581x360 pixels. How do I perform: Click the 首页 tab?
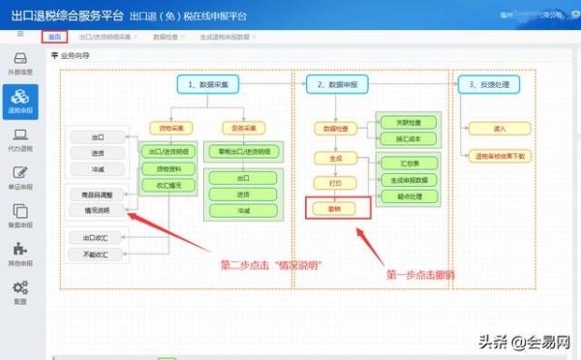point(54,36)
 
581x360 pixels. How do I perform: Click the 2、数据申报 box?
point(337,85)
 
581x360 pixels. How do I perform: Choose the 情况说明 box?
point(97,209)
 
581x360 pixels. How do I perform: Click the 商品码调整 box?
point(97,195)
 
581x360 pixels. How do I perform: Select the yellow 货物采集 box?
point(170,128)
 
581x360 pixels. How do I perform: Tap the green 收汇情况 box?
point(170,186)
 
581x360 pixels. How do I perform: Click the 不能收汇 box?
point(97,255)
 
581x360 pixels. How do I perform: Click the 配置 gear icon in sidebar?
point(19,291)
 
